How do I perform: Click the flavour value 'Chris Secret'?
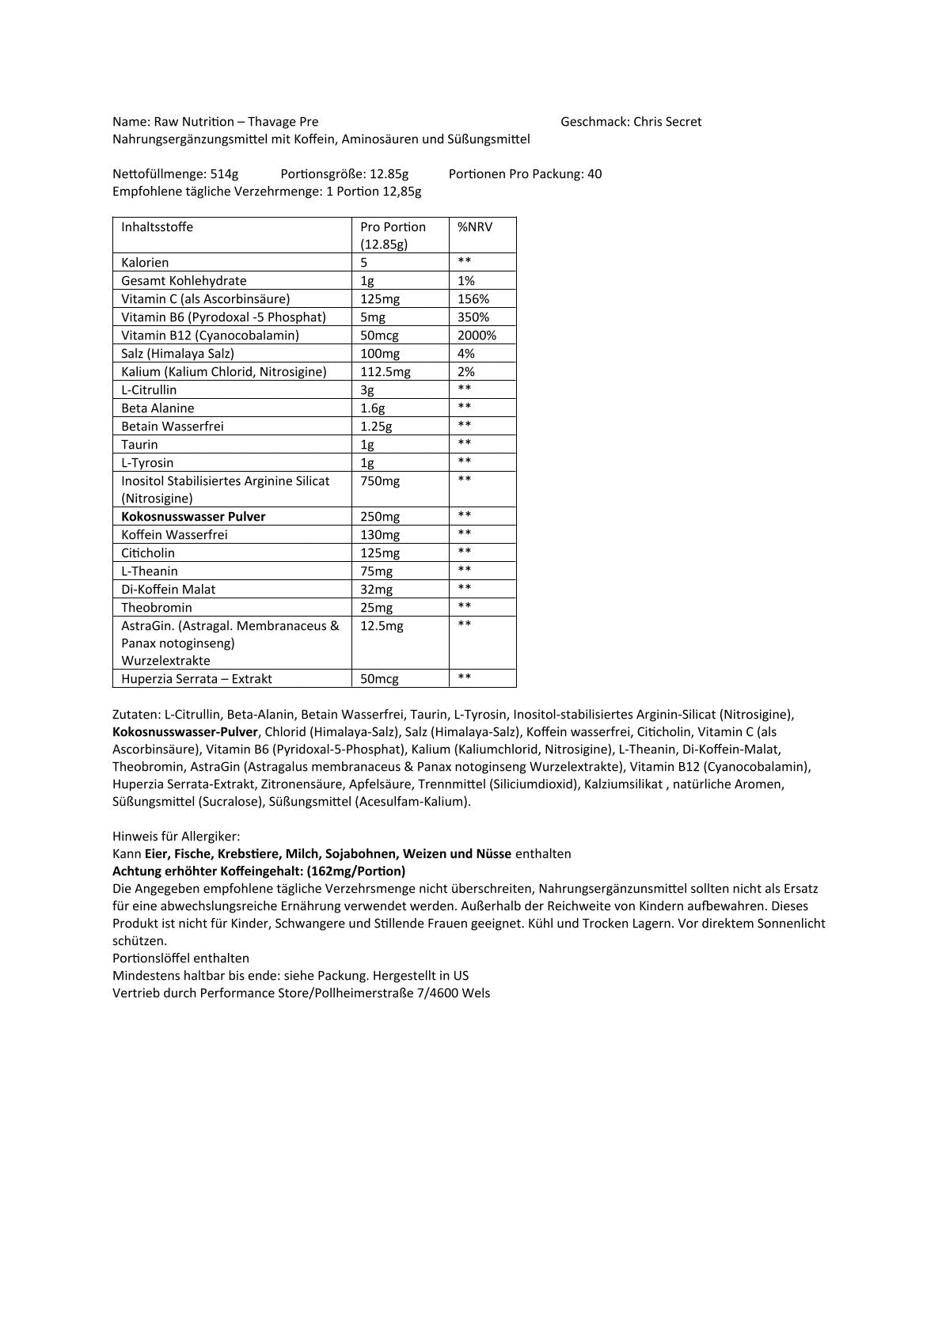[667, 122]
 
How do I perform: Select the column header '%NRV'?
[475, 227]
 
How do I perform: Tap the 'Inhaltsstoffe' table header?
[157, 227]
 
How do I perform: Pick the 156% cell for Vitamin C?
[473, 299]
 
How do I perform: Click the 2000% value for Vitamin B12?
[477, 336]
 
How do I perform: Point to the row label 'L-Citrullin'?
[149, 390]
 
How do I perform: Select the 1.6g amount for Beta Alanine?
[373, 408]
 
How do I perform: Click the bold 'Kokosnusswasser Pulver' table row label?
[193, 517]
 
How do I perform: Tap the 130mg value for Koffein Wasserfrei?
[380, 535]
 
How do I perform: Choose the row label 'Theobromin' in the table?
[156, 608]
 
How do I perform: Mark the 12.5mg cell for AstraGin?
[382, 626]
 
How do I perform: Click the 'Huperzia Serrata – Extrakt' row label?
[196, 679]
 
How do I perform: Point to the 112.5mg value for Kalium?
[386, 372]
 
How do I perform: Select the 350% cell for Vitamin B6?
[473, 317]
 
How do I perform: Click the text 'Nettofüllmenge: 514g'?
[175, 174]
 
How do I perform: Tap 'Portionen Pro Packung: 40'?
[525, 174]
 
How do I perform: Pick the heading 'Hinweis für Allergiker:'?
[176, 837]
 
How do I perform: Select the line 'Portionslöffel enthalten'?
[180, 958]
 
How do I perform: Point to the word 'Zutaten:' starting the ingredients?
[136, 715]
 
